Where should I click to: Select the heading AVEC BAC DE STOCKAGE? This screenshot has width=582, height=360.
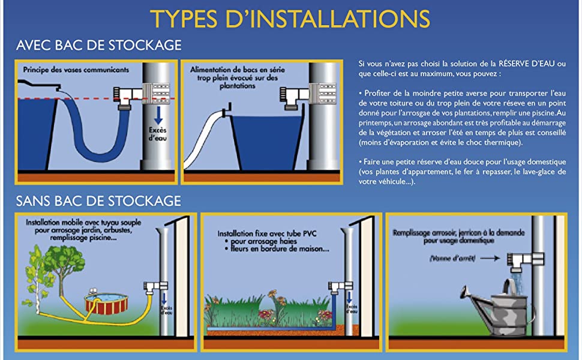click(99, 46)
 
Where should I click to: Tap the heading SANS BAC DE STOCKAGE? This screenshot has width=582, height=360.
click(98, 200)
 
